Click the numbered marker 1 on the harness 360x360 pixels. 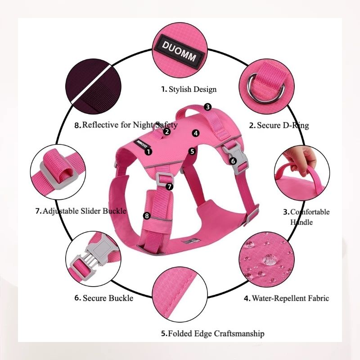coord(148,151)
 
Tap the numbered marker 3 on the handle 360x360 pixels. coord(207,107)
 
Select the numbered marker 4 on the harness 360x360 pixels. coord(195,133)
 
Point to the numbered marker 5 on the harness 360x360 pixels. coord(192,151)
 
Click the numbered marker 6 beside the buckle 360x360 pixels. coord(233,161)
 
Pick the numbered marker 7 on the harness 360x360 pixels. coord(169,185)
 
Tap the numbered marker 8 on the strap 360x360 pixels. coord(146,216)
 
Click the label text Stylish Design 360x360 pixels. coord(189,89)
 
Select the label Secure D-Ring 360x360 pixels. coord(279,125)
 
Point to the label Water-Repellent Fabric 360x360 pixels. coord(287,298)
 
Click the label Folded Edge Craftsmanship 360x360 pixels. coord(213,333)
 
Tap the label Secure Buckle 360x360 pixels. coord(104,297)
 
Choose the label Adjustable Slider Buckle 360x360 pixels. coord(81,211)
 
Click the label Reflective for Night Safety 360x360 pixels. coord(126,125)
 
